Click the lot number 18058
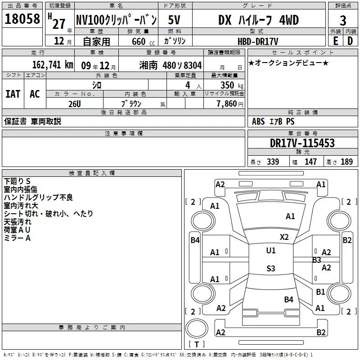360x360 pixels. (x=22, y=19)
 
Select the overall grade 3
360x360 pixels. (x=343, y=21)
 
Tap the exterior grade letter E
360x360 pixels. (x=336, y=41)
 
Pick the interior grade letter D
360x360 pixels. (x=350, y=41)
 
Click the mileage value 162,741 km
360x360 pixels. (x=53, y=65)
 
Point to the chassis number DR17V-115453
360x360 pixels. (x=302, y=143)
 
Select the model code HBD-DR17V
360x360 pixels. (x=258, y=41)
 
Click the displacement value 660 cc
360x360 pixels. (x=143, y=41)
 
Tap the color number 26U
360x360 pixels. (x=75, y=104)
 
